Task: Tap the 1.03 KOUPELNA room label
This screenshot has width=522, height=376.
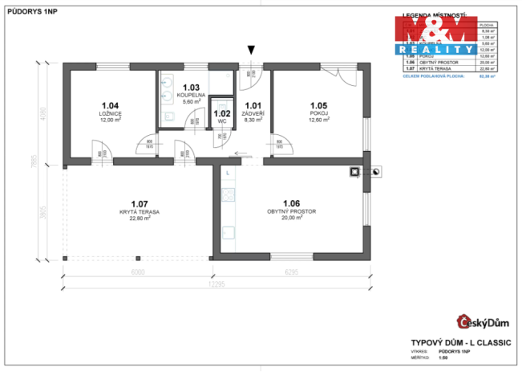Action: [192, 94]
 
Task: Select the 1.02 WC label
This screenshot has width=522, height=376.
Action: [222, 116]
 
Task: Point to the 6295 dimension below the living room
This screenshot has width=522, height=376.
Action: [291, 272]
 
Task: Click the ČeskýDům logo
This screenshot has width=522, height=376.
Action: [484, 323]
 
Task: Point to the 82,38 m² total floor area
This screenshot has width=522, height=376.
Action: [486, 76]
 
